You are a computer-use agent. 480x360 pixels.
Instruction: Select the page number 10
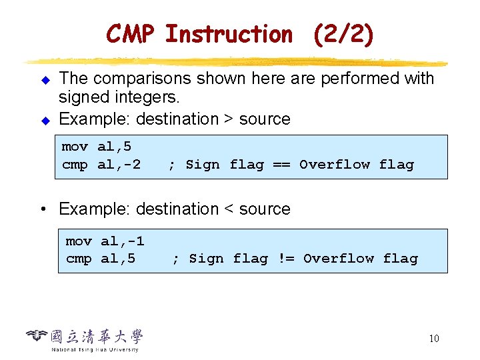click(x=433, y=339)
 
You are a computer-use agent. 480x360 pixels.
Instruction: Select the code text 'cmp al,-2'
click(x=101, y=164)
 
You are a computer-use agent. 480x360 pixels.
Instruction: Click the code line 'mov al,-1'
click(x=105, y=241)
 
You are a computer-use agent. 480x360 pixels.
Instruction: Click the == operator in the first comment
click(x=281, y=164)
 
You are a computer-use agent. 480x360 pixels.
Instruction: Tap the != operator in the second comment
click(x=285, y=258)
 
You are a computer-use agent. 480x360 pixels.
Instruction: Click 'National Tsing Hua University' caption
click(x=95, y=349)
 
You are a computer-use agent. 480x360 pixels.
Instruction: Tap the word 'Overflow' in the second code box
click(x=339, y=258)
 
